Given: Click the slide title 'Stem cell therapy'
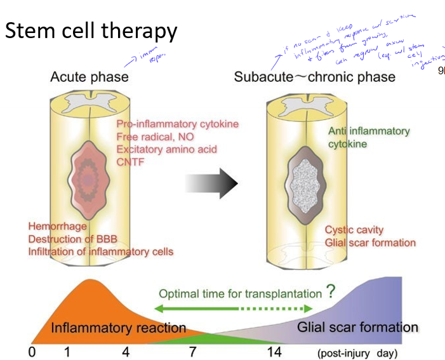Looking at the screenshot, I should pos(91,30).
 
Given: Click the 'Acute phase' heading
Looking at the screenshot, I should pos(90,77).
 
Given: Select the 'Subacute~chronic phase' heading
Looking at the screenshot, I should pos(314,77).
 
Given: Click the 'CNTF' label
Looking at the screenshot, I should pos(131,163).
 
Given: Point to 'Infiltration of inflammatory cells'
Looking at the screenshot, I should pos(100,251).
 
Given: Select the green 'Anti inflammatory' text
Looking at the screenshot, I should pos(369,131).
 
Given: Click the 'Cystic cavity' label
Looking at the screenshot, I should pos(354,230).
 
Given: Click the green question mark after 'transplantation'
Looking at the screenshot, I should pos(331,292).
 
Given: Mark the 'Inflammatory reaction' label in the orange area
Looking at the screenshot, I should pos(118,328).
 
